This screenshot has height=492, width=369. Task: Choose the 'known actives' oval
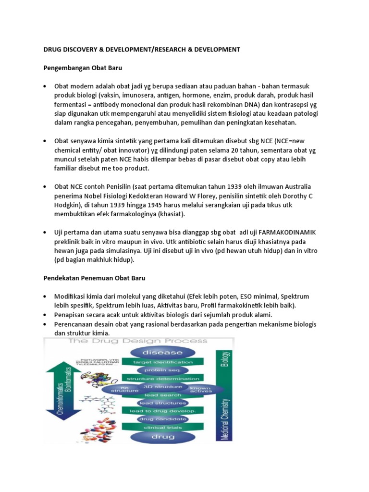coord(200,389)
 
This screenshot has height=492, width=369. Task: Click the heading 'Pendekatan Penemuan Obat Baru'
coord(94,278)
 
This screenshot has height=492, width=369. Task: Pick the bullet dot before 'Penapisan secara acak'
coord(45,315)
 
